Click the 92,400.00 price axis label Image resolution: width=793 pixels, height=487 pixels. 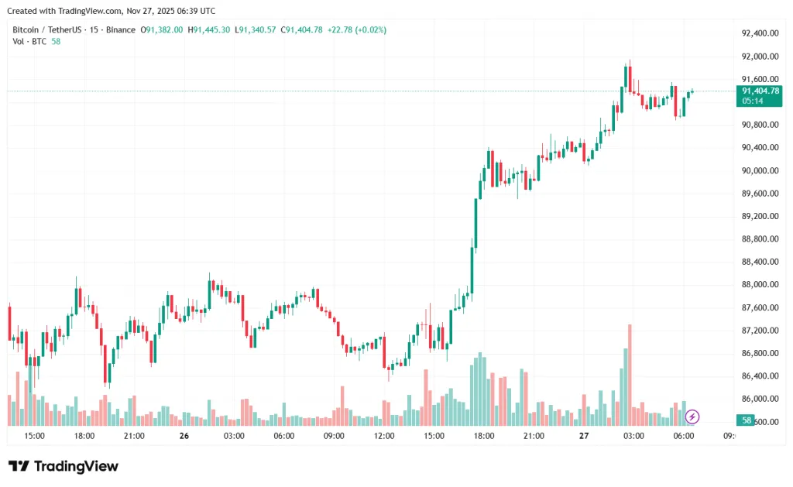click(x=759, y=33)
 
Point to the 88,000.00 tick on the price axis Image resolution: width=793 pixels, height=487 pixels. click(x=759, y=285)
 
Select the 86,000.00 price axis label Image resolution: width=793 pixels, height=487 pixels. click(x=759, y=399)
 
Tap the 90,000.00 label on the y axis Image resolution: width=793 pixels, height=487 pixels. click(x=759, y=170)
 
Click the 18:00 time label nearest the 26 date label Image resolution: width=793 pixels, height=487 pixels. click(x=84, y=436)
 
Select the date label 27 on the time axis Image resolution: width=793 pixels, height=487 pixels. click(x=584, y=436)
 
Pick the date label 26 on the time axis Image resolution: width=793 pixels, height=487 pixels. click(x=184, y=436)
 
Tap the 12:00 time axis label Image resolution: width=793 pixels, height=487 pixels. click(x=384, y=436)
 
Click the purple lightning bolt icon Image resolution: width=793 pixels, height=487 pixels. click(x=692, y=417)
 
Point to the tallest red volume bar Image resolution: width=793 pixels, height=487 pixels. click(x=630, y=375)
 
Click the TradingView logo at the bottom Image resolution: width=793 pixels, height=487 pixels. click(x=64, y=466)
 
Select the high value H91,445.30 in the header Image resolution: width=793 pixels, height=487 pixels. click(x=209, y=29)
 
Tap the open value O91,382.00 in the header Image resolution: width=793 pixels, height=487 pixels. click(x=161, y=29)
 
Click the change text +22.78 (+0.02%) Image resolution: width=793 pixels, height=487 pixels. click(x=357, y=29)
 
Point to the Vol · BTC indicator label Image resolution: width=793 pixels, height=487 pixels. click(x=29, y=41)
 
